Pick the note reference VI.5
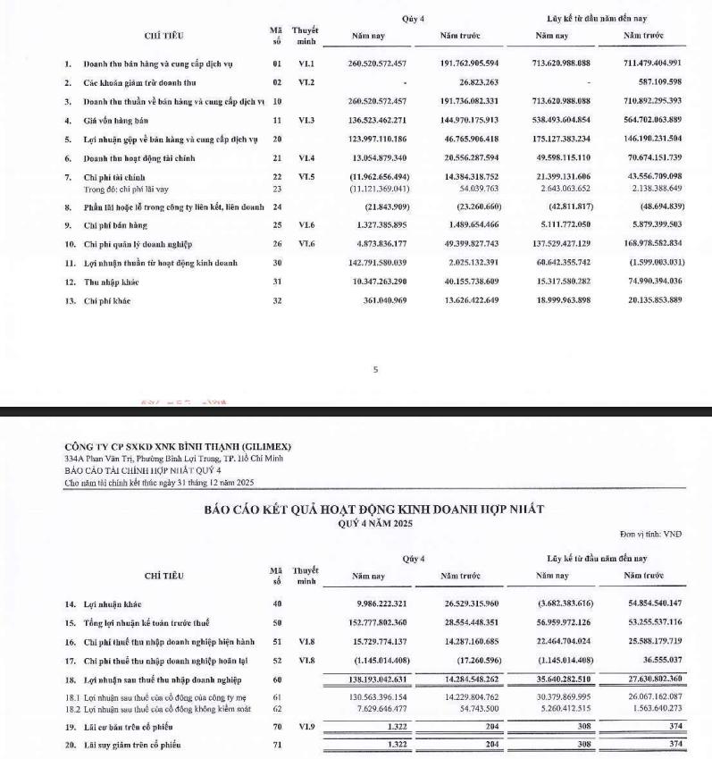[306, 178]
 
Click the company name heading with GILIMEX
[178, 446]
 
